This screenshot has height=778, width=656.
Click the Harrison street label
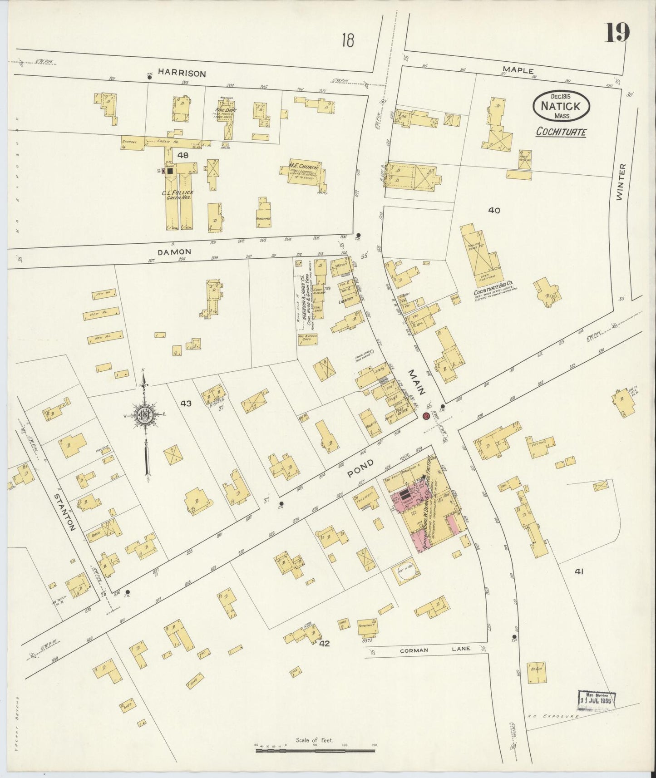(x=182, y=73)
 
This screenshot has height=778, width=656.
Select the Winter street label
(x=621, y=182)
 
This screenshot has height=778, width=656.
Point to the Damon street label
(x=174, y=251)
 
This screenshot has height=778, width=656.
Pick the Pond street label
(x=361, y=468)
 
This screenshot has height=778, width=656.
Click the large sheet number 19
(x=617, y=33)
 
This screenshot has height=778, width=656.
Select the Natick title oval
(x=562, y=105)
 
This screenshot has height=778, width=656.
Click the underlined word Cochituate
(x=561, y=132)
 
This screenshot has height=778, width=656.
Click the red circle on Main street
(x=426, y=416)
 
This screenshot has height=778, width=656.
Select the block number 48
(x=183, y=155)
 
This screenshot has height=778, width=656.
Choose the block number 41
(x=578, y=572)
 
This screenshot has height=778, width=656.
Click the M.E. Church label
(x=303, y=167)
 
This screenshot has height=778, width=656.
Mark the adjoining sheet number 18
(x=349, y=41)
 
